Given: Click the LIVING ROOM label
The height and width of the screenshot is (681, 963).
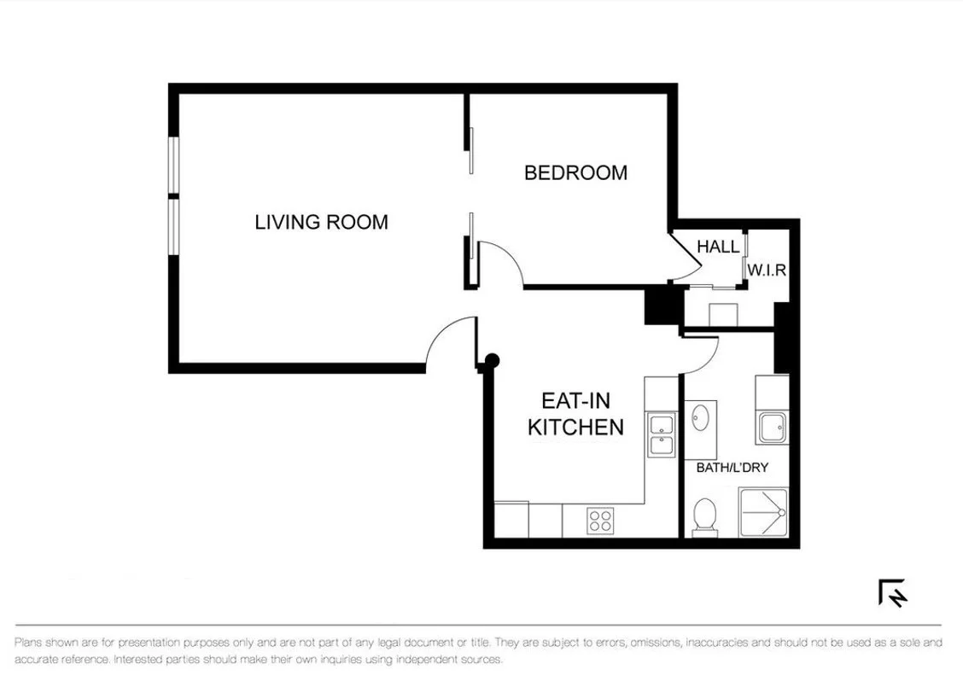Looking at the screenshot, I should coord(321,222).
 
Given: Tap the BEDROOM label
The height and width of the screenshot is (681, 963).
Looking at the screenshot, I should coord(575,172).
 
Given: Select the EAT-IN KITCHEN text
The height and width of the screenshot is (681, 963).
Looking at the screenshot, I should coord(575,414).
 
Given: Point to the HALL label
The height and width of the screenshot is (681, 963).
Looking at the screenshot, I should coord(718,247).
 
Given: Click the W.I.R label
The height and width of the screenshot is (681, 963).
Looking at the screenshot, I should coord(766,270).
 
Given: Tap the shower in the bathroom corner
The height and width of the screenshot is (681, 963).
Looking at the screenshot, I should coord(762,512).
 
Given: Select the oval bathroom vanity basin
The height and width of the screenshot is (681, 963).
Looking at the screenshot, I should coord(701,418).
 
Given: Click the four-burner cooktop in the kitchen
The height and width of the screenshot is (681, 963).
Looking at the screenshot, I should coord(600,520).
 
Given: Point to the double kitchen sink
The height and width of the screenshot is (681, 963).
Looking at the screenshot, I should coord(661,434).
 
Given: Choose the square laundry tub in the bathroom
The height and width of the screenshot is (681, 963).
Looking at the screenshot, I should coord(773,426).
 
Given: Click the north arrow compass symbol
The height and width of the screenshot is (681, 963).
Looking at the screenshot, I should coord(893,592).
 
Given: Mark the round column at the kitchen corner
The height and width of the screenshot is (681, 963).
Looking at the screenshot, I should coord(491,362).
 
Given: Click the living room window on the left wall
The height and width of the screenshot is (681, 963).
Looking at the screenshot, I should coord(174,196).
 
